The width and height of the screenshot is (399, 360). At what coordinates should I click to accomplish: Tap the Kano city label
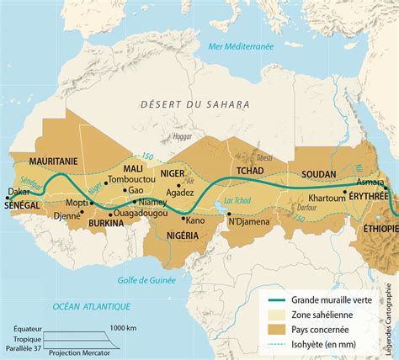click(195, 220)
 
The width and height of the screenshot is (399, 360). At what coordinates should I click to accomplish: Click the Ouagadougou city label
click(137, 214)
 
